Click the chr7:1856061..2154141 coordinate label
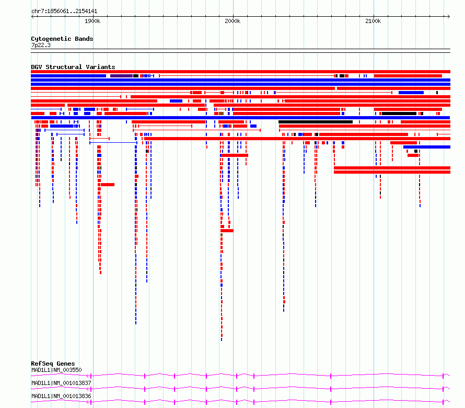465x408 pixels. (64, 12)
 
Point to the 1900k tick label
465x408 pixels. (92, 21)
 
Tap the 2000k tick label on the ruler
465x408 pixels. (233, 21)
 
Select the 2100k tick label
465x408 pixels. (373, 21)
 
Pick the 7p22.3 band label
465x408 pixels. (41, 45)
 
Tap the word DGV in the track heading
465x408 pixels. (37, 67)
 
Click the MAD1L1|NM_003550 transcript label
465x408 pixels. (56, 370)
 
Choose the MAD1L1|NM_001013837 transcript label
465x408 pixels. (61, 383)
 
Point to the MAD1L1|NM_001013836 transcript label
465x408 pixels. (61, 396)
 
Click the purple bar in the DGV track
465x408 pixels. (121, 76)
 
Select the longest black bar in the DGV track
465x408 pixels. (316, 122)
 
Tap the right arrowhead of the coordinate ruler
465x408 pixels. (449, 17)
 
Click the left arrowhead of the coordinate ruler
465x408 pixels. (32, 17)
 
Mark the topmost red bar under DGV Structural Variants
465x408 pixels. (240, 72)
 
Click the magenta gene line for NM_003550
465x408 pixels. (240, 375)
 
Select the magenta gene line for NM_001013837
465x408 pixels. (240, 388)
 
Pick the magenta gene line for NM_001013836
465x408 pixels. (240, 401)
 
